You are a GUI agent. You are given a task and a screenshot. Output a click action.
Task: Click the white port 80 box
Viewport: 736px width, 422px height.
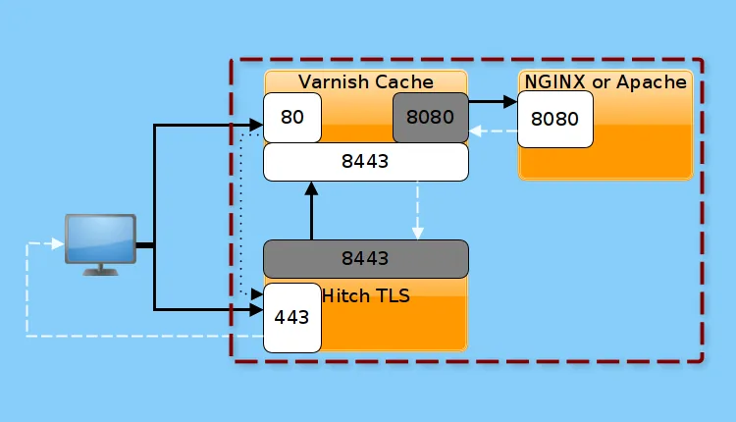(292, 118)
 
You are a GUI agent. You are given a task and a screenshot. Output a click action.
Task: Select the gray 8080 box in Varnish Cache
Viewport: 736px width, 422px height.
(430, 118)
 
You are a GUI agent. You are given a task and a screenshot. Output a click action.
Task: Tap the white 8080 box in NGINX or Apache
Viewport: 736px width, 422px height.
(554, 120)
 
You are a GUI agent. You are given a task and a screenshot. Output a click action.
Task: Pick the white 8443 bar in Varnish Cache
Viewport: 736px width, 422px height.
(365, 162)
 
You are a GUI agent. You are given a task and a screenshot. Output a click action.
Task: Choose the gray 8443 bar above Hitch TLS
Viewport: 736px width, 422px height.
(365, 259)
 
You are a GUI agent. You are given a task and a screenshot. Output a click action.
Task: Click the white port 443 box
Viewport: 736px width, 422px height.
(292, 317)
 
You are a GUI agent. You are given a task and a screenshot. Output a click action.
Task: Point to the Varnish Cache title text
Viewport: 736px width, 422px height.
(365, 81)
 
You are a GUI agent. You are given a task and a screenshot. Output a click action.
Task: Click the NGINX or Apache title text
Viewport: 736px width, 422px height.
(605, 81)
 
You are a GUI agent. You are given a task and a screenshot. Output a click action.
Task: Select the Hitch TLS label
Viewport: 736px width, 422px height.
(366, 295)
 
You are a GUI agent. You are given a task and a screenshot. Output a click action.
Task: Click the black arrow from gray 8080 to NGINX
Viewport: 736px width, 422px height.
(493, 101)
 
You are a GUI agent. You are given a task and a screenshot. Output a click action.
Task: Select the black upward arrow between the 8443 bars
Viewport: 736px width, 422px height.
(311, 211)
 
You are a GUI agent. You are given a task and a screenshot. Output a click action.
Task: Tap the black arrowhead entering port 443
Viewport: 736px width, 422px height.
(256, 310)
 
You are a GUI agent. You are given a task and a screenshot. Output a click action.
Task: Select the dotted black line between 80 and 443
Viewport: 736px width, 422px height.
(241, 216)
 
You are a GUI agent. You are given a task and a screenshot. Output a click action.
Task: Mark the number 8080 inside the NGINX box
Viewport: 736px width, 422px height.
(554, 120)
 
